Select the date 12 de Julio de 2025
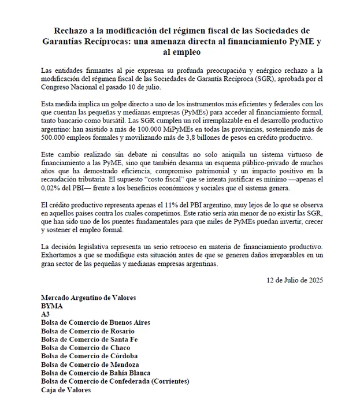295,280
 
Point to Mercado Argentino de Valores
88,297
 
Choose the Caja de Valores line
66,389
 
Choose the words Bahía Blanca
132,373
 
